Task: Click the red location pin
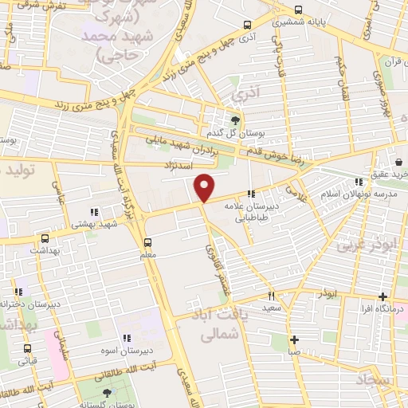click(x=205, y=186)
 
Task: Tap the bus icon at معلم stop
click(x=147, y=242)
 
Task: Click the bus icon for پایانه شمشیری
click(x=298, y=10)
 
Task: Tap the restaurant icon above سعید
click(x=271, y=294)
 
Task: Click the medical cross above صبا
click(x=294, y=339)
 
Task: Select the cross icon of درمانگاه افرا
click(x=383, y=296)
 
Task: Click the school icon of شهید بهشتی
click(x=94, y=212)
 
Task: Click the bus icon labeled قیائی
click(x=28, y=348)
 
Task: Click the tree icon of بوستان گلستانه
click(x=108, y=393)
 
